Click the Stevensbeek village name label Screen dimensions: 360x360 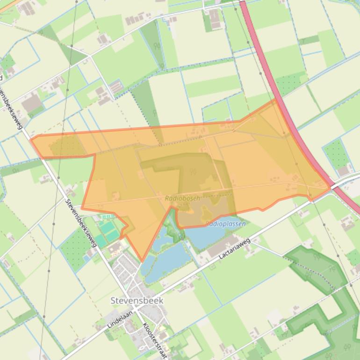137,300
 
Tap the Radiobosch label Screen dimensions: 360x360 182,198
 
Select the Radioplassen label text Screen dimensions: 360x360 225,224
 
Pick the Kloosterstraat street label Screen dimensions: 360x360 155,340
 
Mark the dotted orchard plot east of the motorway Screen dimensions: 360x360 337,152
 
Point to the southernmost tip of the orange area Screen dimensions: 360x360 142,261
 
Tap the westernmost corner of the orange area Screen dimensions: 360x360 31,139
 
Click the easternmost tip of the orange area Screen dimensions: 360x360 330,186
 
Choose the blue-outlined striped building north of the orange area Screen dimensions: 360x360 115,87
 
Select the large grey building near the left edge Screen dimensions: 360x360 32,103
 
